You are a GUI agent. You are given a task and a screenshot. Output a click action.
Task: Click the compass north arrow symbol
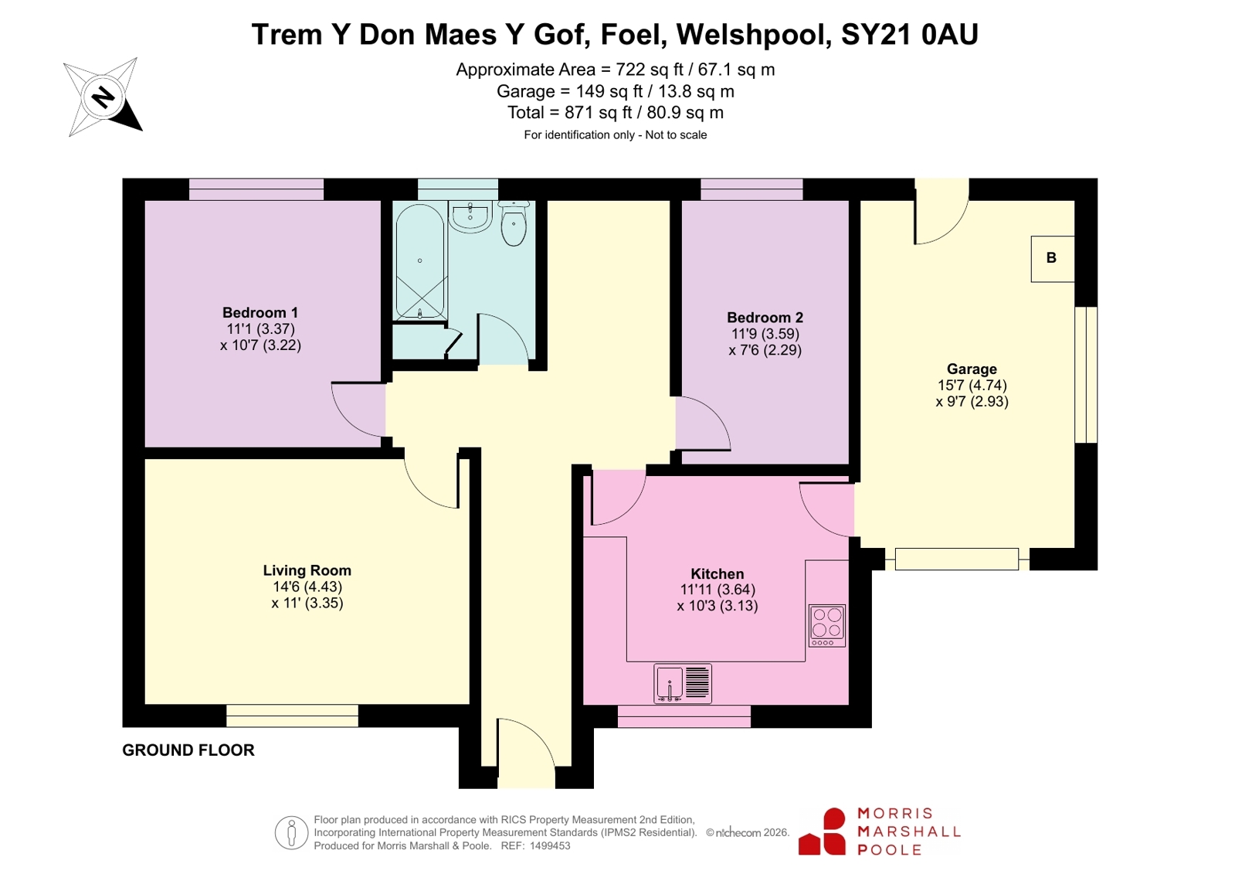(103, 97)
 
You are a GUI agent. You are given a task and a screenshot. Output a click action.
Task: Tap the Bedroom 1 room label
(260, 312)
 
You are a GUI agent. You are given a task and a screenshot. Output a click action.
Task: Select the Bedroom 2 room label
(765, 318)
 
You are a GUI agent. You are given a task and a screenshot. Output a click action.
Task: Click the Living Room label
(307, 570)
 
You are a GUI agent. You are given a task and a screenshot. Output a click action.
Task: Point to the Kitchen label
(718, 573)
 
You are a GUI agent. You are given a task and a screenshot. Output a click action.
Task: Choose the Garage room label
(972, 369)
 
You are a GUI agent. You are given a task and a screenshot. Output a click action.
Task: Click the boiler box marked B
(1053, 259)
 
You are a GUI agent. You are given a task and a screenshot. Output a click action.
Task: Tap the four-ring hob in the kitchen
(827, 626)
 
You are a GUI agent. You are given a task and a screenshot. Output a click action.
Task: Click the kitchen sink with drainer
(683, 684)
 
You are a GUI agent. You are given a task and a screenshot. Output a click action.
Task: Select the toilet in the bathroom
(514, 223)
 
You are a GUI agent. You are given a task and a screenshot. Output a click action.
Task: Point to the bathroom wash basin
(470, 217)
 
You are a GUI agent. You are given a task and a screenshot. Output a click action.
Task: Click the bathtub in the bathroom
(419, 262)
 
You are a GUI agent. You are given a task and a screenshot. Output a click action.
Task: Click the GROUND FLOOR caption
(188, 750)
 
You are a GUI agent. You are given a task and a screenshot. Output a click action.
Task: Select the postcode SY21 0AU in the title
(910, 34)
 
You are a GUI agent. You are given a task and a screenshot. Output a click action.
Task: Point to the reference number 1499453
(550, 846)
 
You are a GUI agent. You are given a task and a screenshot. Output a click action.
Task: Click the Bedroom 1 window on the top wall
(256, 189)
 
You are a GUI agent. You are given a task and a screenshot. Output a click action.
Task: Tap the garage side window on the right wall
(1086, 375)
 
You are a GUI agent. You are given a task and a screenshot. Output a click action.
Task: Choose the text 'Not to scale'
(676, 134)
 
